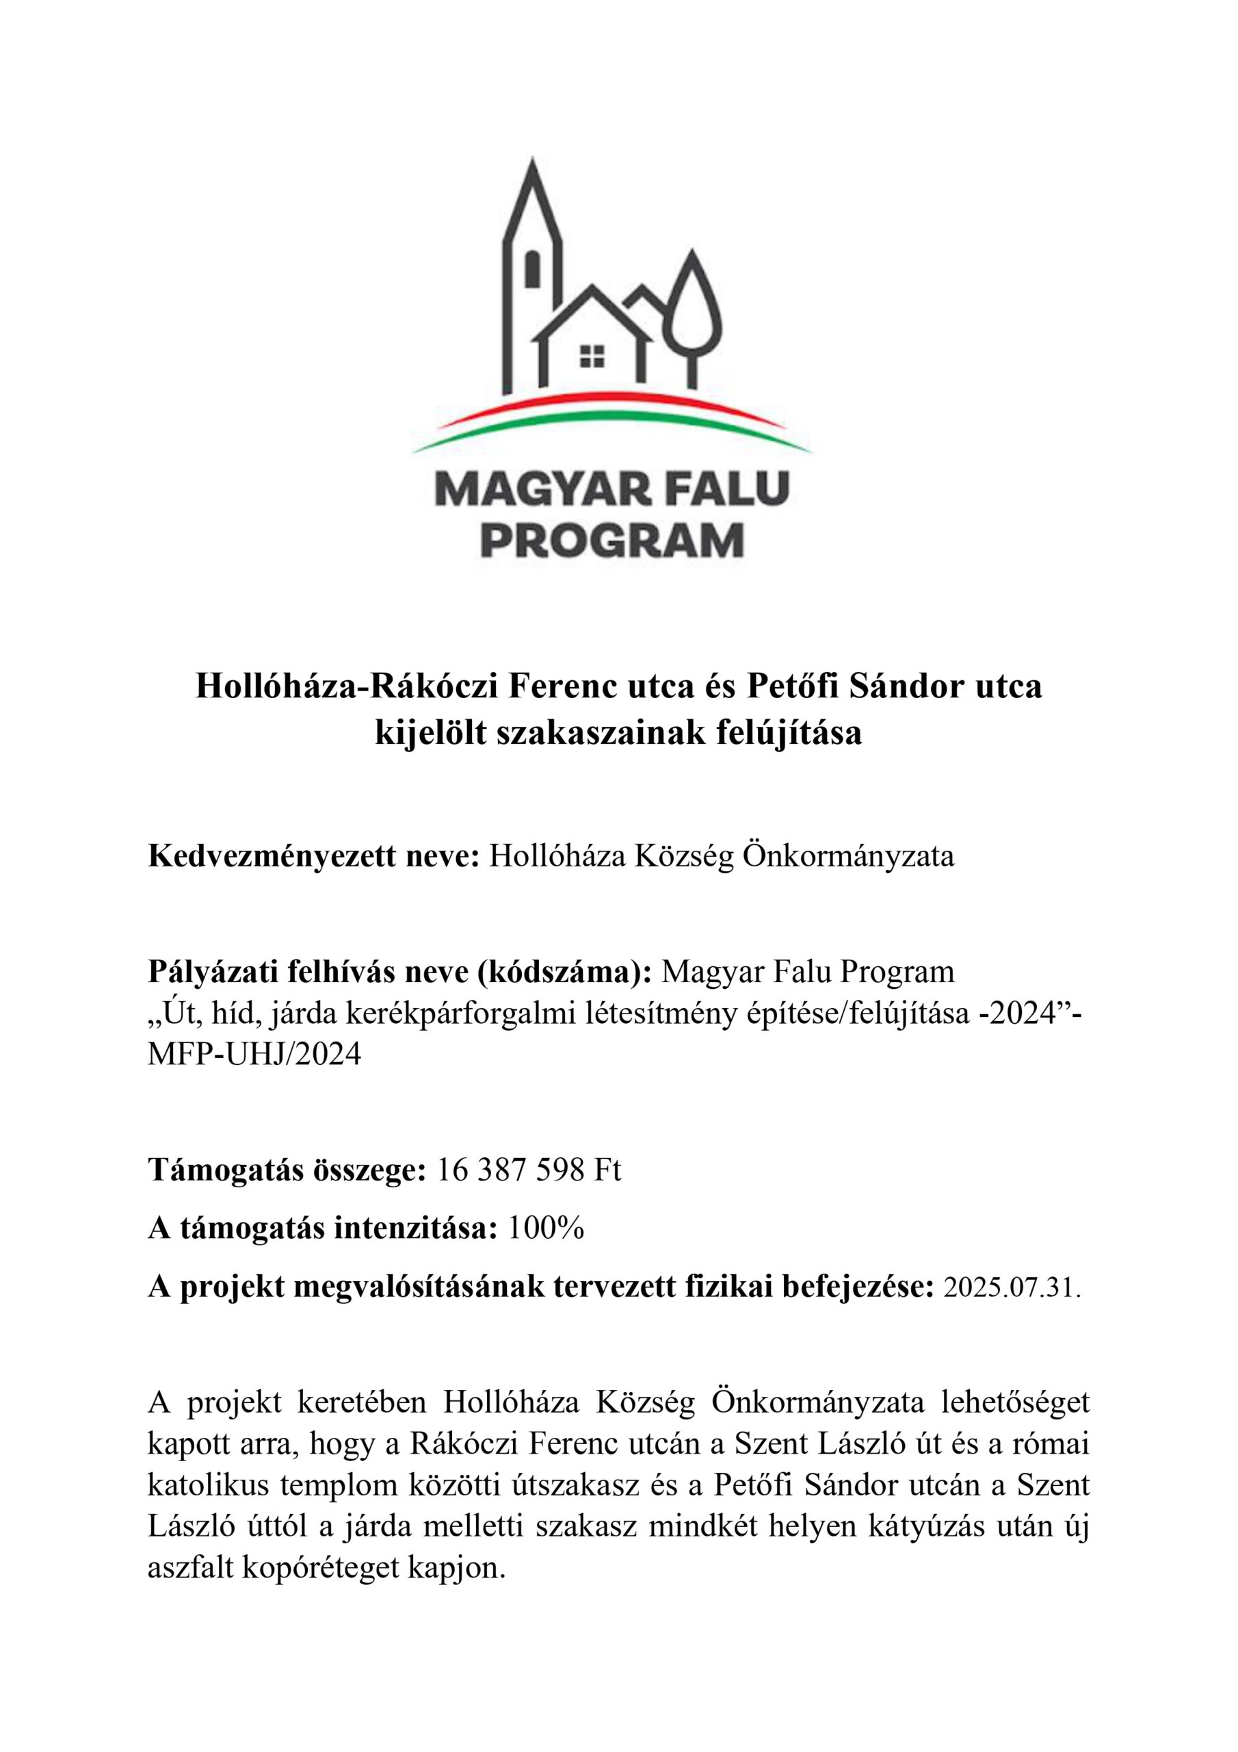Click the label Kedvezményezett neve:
[x=313, y=857]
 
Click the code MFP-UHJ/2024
[x=254, y=1055]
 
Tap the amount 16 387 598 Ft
[x=528, y=1170]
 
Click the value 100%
[x=546, y=1228]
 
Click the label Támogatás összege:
[x=286, y=1170]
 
